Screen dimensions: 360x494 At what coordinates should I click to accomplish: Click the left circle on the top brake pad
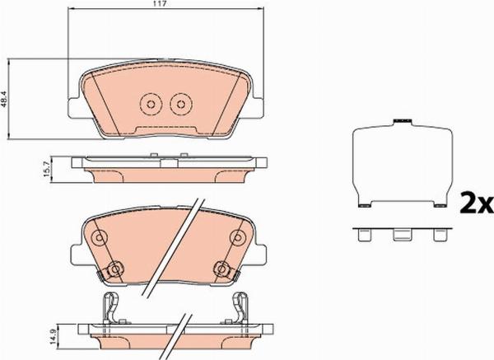click(150, 104)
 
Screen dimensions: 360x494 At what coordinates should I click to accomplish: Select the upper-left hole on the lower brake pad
click(100, 239)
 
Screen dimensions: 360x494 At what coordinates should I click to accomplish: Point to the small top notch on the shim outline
click(403, 121)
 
